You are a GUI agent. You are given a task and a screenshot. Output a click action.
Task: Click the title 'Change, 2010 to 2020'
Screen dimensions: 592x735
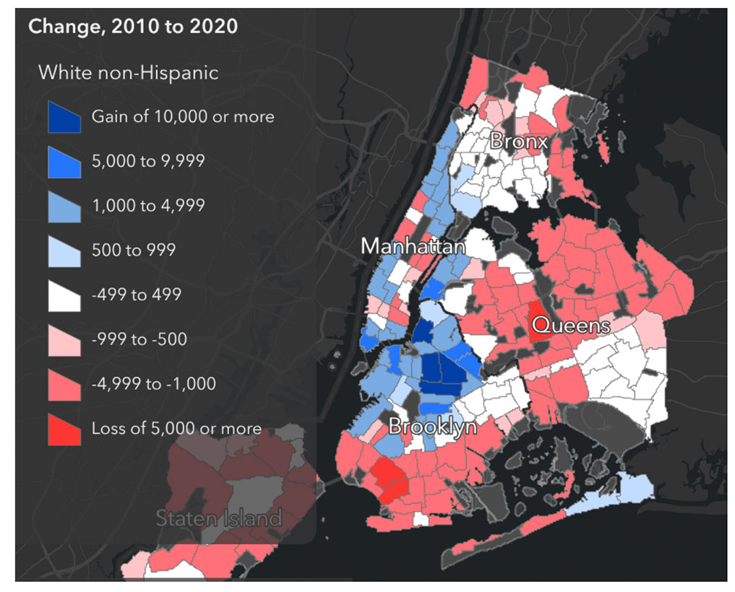133,27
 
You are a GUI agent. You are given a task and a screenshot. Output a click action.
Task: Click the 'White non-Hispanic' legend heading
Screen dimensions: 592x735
128,72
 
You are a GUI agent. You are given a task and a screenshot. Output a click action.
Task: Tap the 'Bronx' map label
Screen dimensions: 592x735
518,142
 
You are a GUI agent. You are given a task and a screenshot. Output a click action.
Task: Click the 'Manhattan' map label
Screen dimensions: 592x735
413,246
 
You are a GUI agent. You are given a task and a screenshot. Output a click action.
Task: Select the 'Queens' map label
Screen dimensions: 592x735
577,326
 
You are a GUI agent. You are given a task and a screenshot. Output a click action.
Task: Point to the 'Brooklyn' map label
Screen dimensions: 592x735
432,427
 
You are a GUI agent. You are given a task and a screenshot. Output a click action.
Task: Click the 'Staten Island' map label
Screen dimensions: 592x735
218,518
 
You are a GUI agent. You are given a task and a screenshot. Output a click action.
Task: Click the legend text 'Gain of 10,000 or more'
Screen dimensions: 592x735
183,116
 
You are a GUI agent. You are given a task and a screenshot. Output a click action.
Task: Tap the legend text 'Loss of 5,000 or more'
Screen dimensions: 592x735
176,429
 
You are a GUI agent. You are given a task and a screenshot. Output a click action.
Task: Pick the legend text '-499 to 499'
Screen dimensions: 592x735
136,295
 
